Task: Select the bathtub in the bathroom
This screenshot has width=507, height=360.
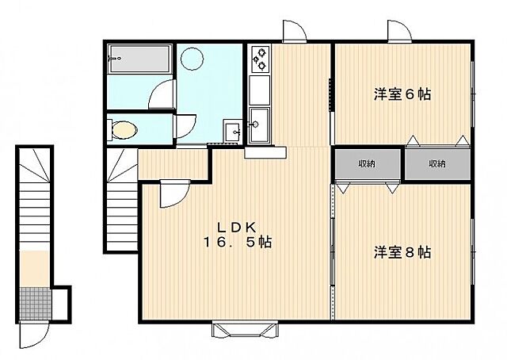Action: pyautogui.click(x=139, y=59)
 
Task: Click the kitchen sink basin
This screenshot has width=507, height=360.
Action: pyautogui.click(x=260, y=124)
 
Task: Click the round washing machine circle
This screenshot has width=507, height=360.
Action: pyautogui.click(x=192, y=59)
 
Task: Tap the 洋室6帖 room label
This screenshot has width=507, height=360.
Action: pyautogui.click(x=402, y=94)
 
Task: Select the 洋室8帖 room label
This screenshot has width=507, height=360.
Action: pyautogui.click(x=402, y=252)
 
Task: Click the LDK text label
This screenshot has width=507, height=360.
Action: pyautogui.click(x=236, y=228)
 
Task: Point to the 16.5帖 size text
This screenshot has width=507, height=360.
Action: pyautogui.click(x=237, y=242)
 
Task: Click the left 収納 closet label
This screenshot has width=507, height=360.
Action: pyautogui.click(x=366, y=164)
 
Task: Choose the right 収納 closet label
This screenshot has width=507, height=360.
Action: pyautogui.click(x=437, y=164)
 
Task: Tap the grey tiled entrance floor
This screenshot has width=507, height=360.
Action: pyautogui.click(x=35, y=304)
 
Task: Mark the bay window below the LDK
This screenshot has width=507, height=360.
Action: pyautogui.click(x=245, y=329)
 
